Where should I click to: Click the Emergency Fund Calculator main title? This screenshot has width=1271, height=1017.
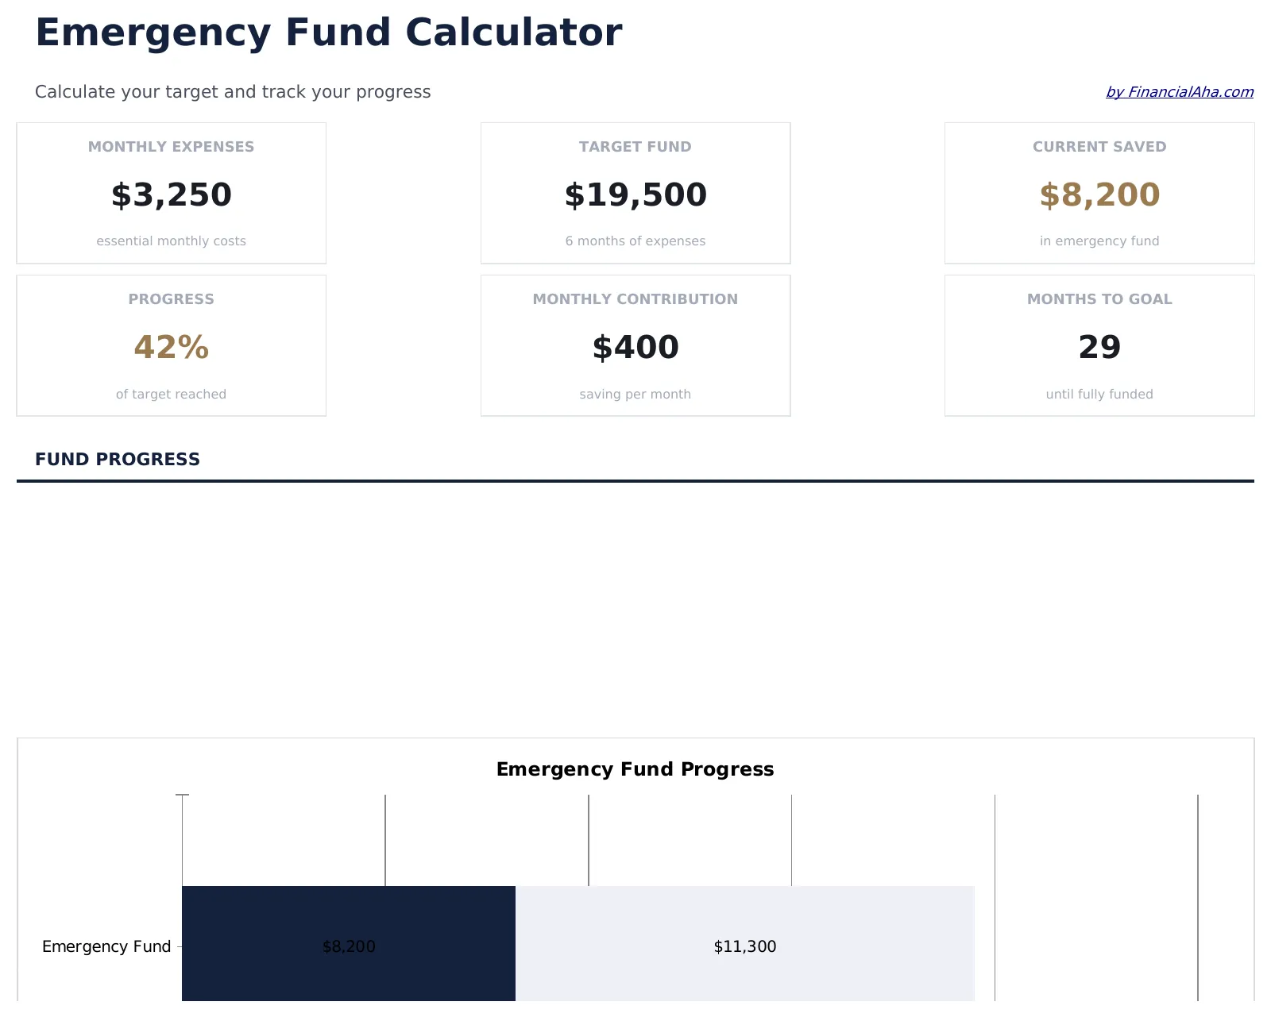pyautogui.click(x=328, y=33)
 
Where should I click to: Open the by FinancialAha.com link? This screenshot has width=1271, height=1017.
pyautogui.click(x=1179, y=92)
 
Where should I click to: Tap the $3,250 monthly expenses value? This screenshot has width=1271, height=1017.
pyautogui.click(x=171, y=195)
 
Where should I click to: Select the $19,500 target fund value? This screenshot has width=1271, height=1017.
pyautogui.click(x=635, y=195)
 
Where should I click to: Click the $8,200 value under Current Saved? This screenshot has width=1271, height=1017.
pyautogui.click(x=1099, y=195)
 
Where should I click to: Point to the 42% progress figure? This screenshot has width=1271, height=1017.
pyautogui.click(x=171, y=348)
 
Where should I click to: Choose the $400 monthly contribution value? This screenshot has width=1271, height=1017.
pyautogui.click(x=635, y=348)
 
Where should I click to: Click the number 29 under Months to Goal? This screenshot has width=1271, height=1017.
pyautogui.click(x=1099, y=348)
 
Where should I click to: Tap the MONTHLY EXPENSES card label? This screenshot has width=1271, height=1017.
pyautogui.click(x=171, y=147)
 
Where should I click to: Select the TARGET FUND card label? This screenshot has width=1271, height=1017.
pyautogui.click(x=635, y=147)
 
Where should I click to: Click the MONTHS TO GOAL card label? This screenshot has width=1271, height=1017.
pyautogui.click(x=1099, y=299)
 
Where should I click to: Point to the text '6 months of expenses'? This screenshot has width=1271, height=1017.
pyautogui.click(x=635, y=241)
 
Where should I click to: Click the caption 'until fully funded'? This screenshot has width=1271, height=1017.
pyautogui.click(x=1099, y=395)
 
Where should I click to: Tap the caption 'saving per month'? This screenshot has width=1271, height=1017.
pyautogui.click(x=635, y=395)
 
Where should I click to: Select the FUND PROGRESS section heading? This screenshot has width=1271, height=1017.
pyautogui.click(x=118, y=460)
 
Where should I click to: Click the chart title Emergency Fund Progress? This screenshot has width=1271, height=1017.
pyautogui.click(x=635, y=769)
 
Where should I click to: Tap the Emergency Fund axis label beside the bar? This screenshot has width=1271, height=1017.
pyautogui.click(x=106, y=946)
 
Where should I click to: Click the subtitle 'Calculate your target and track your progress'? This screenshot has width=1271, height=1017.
pyautogui.click(x=233, y=92)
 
